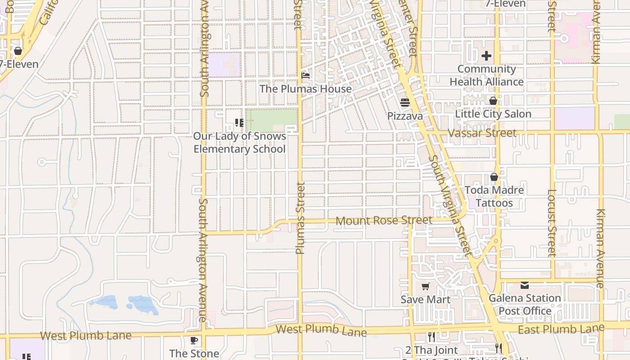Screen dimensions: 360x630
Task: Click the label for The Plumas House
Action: (306, 89)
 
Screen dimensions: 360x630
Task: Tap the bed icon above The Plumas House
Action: (306, 75)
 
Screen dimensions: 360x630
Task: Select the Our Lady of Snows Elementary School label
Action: (239, 142)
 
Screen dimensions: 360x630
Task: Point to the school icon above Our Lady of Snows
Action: (239, 122)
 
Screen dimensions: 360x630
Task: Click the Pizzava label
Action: (405, 116)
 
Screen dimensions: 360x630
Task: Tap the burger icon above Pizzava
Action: (405, 103)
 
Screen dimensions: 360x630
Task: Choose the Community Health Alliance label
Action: (486, 75)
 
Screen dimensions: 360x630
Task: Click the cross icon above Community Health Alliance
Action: (486, 56)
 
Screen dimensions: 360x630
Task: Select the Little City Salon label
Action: (493, 114)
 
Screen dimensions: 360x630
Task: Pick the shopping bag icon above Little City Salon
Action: (493, 101)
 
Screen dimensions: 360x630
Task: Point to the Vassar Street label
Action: (482, 133)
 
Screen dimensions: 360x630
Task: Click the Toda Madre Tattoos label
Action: (494, 196)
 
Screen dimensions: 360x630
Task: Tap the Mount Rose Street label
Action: (384, 220)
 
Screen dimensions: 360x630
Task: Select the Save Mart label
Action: (426, 299)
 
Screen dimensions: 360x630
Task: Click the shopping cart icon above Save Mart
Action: (426, 286)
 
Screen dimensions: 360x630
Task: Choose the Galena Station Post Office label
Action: (525, 304)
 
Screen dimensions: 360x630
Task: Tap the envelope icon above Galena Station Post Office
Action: (525, 285)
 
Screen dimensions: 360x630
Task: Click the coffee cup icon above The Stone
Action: (194, 340)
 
